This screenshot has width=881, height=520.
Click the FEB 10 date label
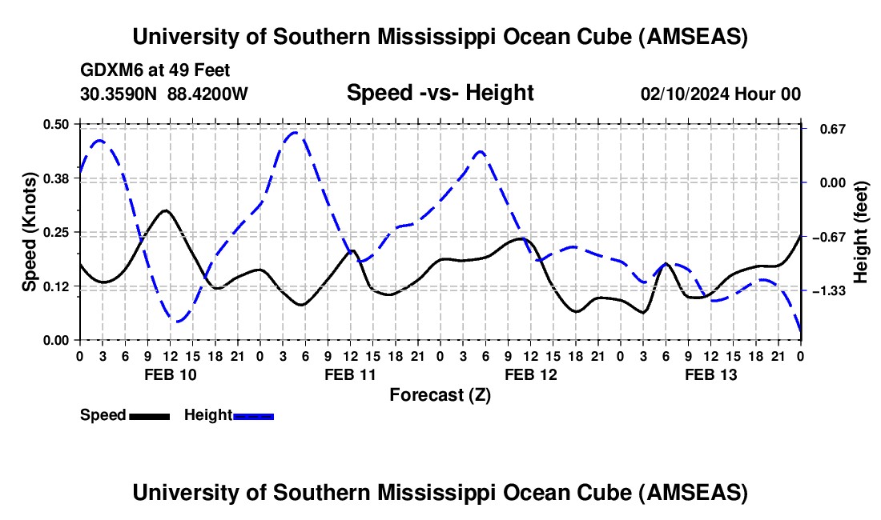169,374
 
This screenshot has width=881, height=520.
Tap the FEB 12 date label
530,374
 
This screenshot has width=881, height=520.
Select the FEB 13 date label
710,374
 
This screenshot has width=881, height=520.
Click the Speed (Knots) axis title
30,232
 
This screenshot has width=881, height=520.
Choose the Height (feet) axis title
861,232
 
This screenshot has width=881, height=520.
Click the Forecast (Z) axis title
440,394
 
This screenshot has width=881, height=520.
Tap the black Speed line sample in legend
149,415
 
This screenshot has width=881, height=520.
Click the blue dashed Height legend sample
254,415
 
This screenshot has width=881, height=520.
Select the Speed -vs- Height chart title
440,93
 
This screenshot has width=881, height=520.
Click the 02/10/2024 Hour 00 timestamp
721,94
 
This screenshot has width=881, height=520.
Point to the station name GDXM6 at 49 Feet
155,70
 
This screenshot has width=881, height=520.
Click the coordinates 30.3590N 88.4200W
164,94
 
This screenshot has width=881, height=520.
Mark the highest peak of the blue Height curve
296,133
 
